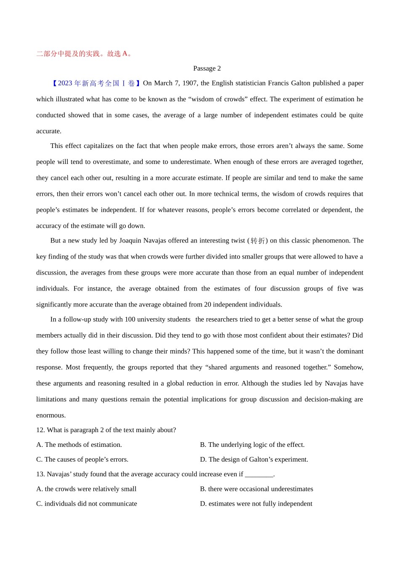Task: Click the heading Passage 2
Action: [x=207, y=68]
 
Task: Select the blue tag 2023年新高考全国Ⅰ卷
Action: [x=96, y=83]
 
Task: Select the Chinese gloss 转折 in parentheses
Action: [x=258, y=241]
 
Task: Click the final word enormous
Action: [x=51, y=415]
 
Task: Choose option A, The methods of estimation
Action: [x=79, y=445]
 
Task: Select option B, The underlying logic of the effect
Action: [x=252, y=445]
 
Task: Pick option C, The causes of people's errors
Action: [x=83, y=459]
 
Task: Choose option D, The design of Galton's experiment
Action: [x=254, y=459]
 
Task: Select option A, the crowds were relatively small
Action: [x=86, y=489]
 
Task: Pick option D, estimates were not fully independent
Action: [x=256, y=504]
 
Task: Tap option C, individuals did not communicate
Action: [x=87, y=504]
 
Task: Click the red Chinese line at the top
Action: [x=84, y=54]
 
